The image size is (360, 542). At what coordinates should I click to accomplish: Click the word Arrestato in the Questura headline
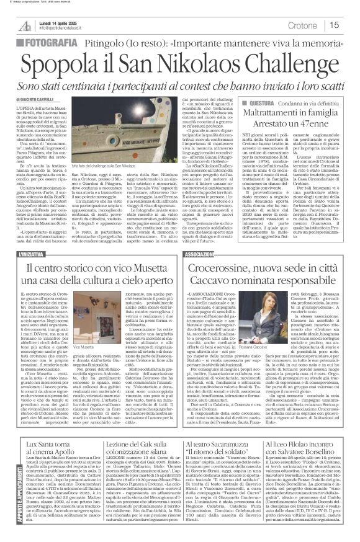(271, 125)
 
